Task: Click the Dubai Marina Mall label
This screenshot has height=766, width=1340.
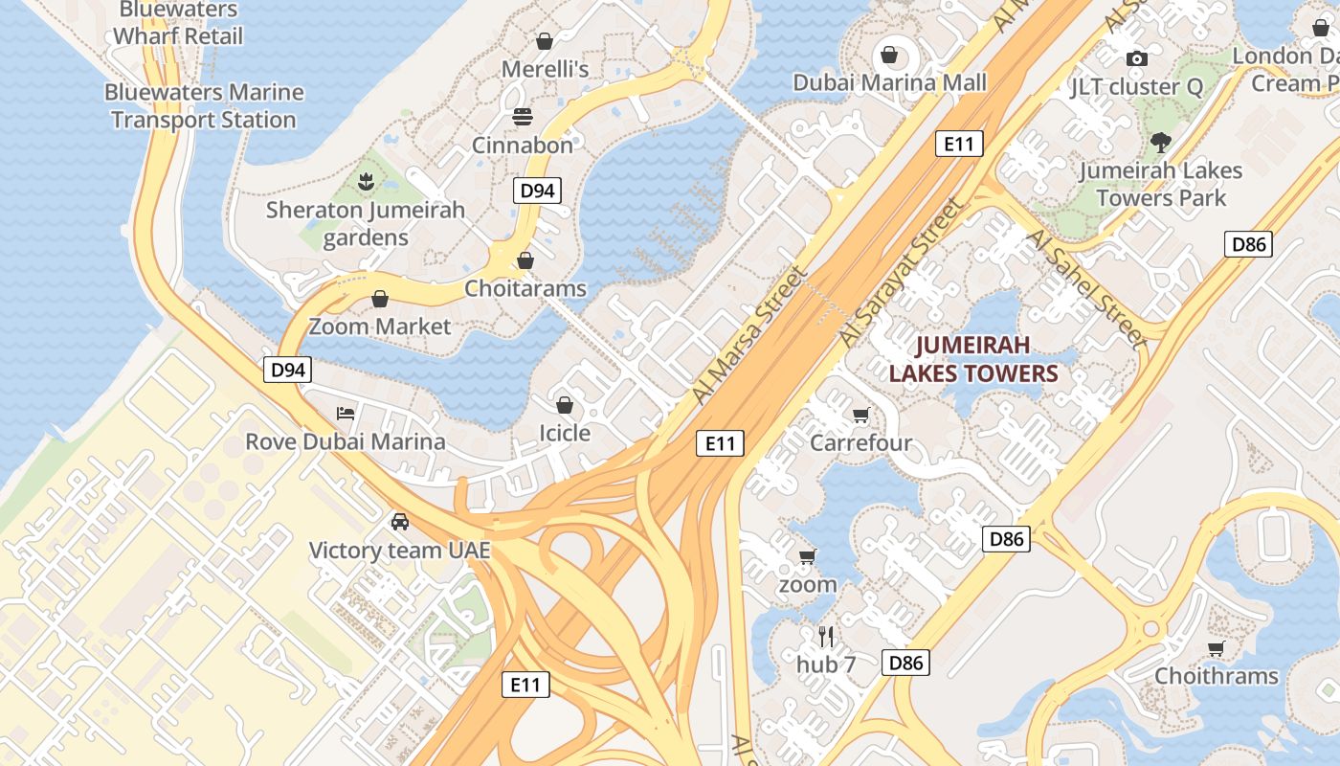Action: pos(889,82)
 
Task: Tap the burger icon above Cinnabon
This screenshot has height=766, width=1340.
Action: pos(523,117)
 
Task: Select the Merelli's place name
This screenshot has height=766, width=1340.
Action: pos(545,69)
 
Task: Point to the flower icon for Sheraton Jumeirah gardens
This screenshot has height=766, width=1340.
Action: pos(365,181)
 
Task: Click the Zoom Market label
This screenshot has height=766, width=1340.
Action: pos(379,327)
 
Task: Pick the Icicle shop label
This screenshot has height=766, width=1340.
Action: pos(564,433)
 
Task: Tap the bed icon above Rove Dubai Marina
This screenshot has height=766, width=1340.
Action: pos(346,414)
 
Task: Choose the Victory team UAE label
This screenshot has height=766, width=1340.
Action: pos(399,551)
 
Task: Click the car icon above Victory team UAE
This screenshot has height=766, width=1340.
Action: pos(399,522)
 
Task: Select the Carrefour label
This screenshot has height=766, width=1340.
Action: pos(860,443)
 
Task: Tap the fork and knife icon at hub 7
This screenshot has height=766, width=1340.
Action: pos(826,636)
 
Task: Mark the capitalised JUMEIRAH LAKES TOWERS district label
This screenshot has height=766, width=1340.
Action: pos(973,359)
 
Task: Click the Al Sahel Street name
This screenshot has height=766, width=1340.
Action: pos(1085,287)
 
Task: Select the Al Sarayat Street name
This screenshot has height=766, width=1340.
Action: pos(899,273)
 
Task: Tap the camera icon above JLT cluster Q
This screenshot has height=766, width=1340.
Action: pos(1136,58)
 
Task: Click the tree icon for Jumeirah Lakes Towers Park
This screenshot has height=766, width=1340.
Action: pos(1161,143)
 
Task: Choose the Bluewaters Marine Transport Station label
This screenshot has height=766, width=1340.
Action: pos(203,106)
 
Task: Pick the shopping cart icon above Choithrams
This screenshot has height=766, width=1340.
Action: pos(1216,648)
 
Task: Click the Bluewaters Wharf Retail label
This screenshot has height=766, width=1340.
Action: pos(178,23)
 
